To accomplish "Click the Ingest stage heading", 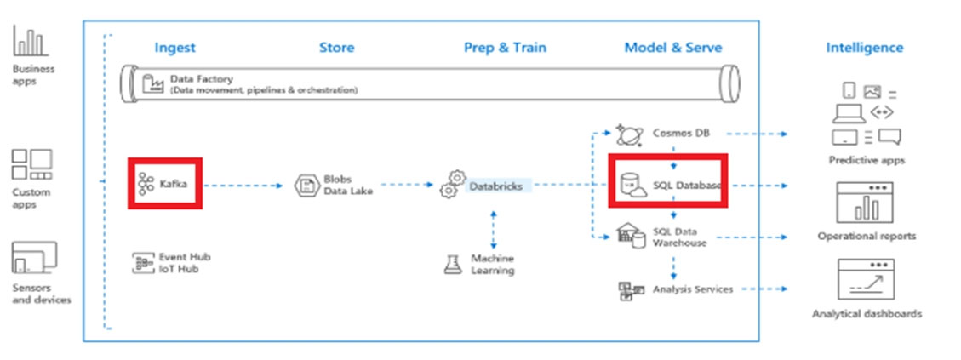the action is point(174,48).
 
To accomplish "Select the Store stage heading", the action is point(336,47).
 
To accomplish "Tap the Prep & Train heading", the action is point(505,47).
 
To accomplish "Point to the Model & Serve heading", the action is point(673,47).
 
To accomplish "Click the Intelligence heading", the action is point(864,47).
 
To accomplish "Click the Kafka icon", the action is point(146,183).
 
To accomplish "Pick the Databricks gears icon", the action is point(453,184).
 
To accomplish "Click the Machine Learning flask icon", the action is point(452,265).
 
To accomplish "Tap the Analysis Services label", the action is point(693,289).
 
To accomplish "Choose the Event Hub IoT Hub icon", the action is point(142,263).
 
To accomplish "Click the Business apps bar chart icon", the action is point(30,41).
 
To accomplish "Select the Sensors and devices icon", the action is point(34,258).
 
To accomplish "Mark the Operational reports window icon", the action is point(866,203).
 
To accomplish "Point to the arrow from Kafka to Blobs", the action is point(243,185).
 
